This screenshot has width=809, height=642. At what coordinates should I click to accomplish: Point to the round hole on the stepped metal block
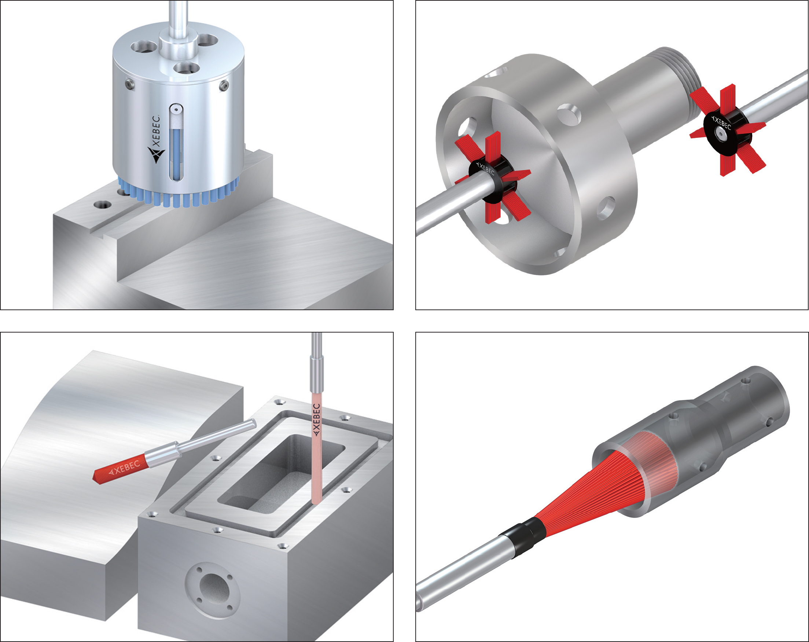(x=102, y=205)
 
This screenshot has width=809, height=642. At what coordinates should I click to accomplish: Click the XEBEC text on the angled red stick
(x=124, y=467)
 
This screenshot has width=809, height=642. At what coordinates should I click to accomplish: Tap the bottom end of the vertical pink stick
(x=317, y=503)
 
